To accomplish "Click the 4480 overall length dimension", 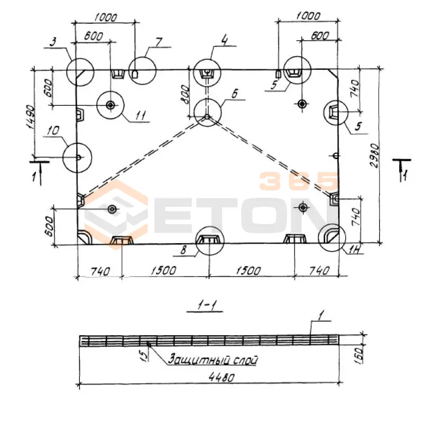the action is coord(222,378).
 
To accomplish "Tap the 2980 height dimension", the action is coord(375,155).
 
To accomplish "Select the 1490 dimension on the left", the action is coord(30,117).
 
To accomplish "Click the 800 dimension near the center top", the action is coord(185,95).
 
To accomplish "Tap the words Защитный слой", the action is coord(213,360).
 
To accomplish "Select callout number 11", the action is coord(140,115).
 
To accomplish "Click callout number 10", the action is coord(53,131).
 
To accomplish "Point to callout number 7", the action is coord(159,42).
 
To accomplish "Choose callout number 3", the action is coord(53,42).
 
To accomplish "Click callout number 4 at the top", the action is coord(224,40).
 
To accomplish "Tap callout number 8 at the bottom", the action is coord(183,250).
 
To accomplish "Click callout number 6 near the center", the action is coord(234,94).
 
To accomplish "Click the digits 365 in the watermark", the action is coord(298,180).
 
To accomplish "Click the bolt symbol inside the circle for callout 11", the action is coord(110,105).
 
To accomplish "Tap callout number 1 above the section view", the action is coord(321,316).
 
